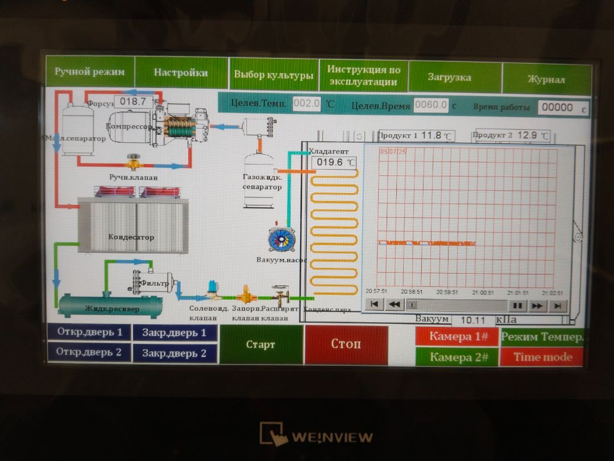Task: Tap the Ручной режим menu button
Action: [89, 72]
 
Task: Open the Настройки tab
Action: [181, 73]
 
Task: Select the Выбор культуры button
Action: [273, 75]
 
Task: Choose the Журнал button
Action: [546, 79]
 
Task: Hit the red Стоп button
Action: [346, 344]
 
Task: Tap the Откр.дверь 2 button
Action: [89, 352]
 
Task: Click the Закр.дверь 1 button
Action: [174, 333]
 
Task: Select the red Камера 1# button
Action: [458, 336]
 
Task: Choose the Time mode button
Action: [542, 357]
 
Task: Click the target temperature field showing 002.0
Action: [307, 104]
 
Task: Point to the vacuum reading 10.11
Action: [473, 320]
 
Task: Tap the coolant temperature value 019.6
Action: [334, 163]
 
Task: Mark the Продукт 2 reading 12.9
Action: [527, 135]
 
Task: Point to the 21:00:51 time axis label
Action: [483, 293]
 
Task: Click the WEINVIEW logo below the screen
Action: [317, 435]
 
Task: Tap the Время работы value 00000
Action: [557, 108]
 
